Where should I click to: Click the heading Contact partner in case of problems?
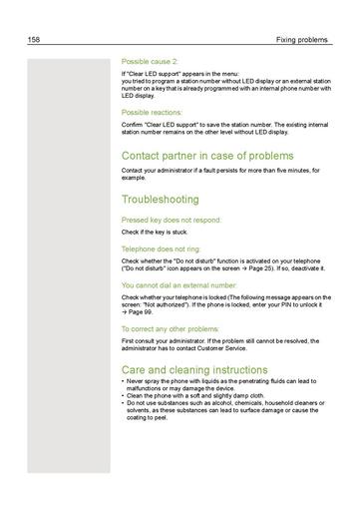coord(206,156)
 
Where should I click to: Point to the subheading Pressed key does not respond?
coord(171,220)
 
